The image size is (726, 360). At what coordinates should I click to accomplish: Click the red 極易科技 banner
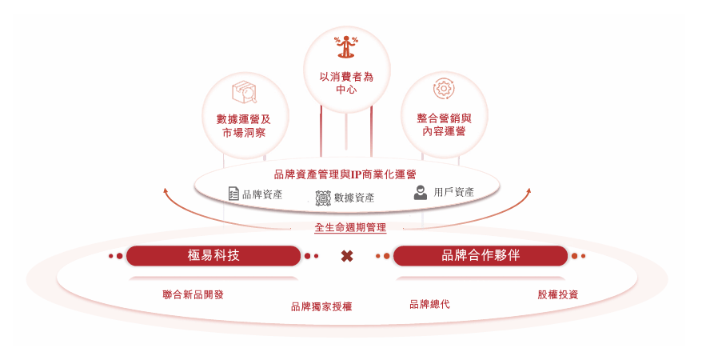pos(213,256)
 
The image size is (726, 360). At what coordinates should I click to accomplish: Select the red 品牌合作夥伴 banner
pos(481,256)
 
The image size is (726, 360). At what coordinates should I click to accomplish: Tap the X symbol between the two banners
pos(347,256)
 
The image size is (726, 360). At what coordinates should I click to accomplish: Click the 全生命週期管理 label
pos(350,228)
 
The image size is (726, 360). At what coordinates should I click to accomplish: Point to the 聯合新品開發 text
pos(193,294)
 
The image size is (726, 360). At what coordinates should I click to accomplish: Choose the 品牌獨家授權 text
pos(321,306)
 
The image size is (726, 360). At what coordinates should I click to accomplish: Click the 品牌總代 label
pos(429,304)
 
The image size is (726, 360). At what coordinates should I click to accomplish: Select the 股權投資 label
pos(558,294)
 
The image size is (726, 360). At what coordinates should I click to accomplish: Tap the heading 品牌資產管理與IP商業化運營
pos(345,174)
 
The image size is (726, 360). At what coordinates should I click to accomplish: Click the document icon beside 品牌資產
pos(233,194)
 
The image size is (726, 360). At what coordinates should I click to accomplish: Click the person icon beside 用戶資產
pos(421,193)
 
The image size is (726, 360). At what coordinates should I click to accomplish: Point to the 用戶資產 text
pos(454,193)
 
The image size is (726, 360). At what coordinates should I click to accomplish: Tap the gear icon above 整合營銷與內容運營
pos(443,88)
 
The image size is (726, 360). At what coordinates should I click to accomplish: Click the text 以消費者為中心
pos(346,83)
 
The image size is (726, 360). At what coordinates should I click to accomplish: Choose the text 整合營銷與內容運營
pos(444,124)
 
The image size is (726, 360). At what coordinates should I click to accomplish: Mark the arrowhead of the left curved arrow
pos(166,190)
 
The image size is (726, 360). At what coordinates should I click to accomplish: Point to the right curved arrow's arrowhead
pos(529,190)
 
